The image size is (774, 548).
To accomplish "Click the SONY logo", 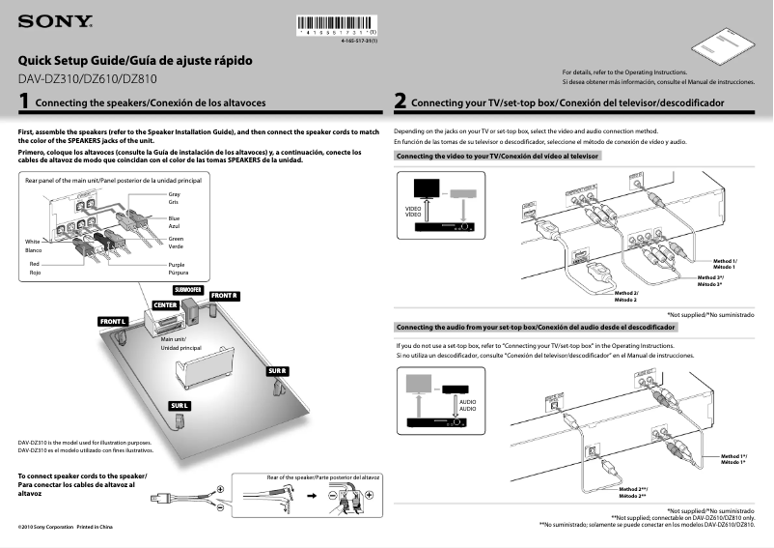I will [55, 20].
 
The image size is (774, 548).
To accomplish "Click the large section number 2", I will [400, 101].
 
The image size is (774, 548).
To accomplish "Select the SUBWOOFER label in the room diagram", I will [187, 289].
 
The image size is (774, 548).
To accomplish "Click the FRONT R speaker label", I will [223, 295].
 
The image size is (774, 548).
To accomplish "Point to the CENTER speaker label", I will [165, 305].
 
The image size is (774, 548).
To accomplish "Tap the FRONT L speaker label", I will [113, 320].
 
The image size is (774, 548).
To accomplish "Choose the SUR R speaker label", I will [278, 372].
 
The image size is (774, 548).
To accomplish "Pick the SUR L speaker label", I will [180, 404].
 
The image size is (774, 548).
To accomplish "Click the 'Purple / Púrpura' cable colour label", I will [177, 268].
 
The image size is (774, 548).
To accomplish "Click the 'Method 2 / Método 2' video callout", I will [627, 297].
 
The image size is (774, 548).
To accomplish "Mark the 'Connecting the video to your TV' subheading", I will [498, 156].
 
